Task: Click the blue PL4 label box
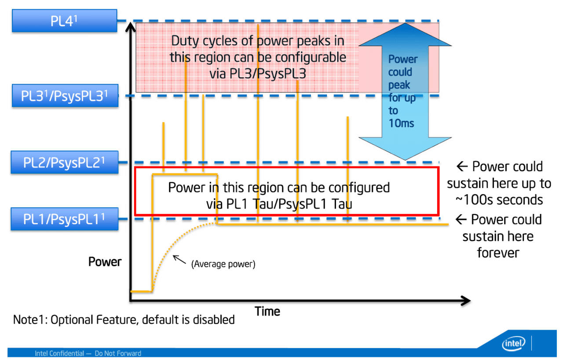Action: (x=65, y=21)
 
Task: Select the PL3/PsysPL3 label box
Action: (x=65, y=96)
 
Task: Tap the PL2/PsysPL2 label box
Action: (x=65, y=163)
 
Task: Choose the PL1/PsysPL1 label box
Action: (x=65, y=219)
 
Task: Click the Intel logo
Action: (x=514, y=343)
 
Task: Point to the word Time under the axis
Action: (x=267, y=312)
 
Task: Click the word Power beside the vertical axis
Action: (x=105, y=262)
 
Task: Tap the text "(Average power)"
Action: (x=223, y=264)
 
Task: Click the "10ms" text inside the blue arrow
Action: (x=401, y=123)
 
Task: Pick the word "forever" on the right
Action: (x=498, y=253)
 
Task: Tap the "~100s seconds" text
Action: (x=499, y=200)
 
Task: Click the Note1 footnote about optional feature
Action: (x=124, y=320)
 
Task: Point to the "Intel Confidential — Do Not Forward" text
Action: (x=88, y=353)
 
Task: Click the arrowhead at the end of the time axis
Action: (x=466, y=301)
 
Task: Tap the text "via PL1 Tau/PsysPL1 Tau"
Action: (x=279, y=204)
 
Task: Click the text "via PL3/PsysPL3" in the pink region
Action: (x=258, y=73)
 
